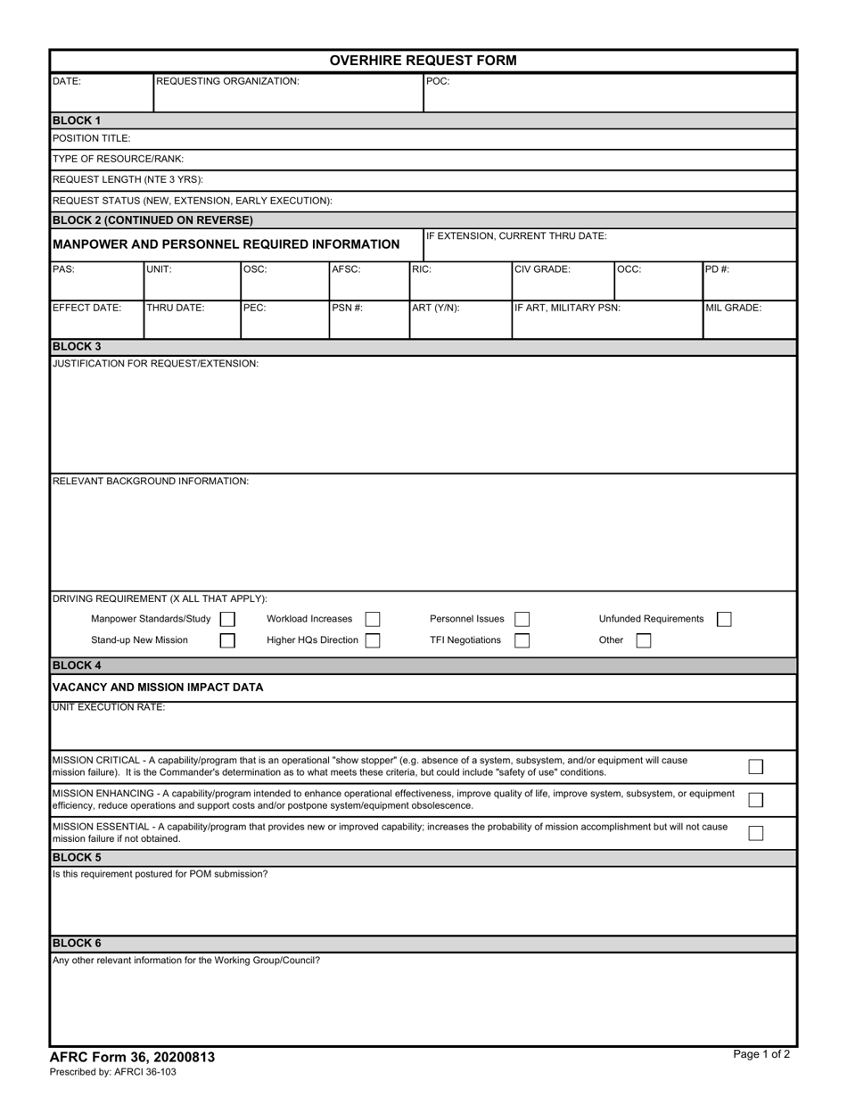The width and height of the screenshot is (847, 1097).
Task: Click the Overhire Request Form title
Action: point(423,61)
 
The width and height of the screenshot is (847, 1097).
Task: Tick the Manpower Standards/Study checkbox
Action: point(227,619)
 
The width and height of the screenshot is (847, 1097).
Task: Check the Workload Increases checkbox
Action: point(373,619)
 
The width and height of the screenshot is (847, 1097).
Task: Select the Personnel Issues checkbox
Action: point(522,619)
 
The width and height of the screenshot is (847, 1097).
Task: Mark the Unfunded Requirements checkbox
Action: point(724,619)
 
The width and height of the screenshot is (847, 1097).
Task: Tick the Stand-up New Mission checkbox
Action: point(227,640)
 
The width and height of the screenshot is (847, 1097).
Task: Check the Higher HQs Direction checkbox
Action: point(373,640)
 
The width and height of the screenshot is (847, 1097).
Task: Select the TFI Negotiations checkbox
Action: point(522,640)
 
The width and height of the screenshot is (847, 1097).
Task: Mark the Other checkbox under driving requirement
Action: point(643,640)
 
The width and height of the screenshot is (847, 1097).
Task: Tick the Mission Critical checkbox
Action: point(755,766)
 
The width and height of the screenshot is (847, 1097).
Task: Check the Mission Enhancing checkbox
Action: point(755,799)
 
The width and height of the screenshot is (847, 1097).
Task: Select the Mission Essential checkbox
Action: point(755,833)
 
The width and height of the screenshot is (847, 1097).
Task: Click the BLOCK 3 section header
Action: point(77,347)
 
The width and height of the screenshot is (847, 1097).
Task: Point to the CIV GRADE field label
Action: point(542,269)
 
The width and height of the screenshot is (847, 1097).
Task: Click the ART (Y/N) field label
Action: point(435,308)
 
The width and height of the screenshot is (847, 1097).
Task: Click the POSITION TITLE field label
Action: point(91,138)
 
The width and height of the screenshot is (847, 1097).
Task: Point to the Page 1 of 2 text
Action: point(761,1054)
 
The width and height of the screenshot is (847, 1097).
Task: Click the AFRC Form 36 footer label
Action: point(132,1057)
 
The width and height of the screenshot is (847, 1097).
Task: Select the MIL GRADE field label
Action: point(733,308)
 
